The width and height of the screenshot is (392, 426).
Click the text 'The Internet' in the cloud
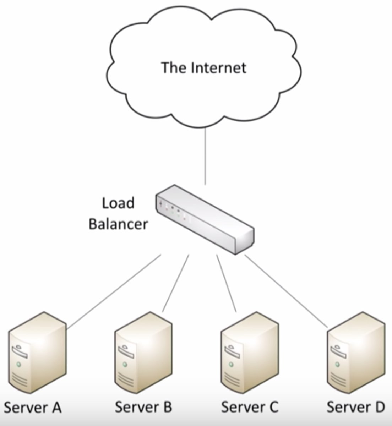click(204, 67)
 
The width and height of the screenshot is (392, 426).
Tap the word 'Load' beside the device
click(118, 203)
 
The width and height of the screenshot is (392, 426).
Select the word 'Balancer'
click(118, 224)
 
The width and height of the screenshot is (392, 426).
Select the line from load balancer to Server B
click(176, 283)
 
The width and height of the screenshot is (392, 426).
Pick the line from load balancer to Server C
click(226, 283)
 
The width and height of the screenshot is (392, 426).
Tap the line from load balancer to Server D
click(286, 290)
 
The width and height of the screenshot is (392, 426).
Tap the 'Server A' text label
click(33, 407)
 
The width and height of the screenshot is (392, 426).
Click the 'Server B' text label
click(143, 406)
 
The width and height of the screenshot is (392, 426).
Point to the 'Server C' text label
click(250, 406)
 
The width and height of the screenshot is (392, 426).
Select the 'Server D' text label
click(355, 406)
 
